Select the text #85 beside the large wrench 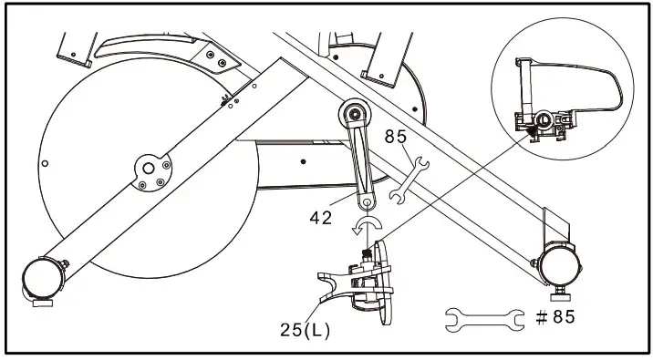click(x=554, y=317)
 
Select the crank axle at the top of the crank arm click(x=355, y=118)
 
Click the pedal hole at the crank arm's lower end click(x=367, y=202)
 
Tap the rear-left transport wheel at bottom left click(x=38, y=276)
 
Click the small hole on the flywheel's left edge click(x=46, y=163)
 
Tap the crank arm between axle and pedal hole click(x=360, y=159)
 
